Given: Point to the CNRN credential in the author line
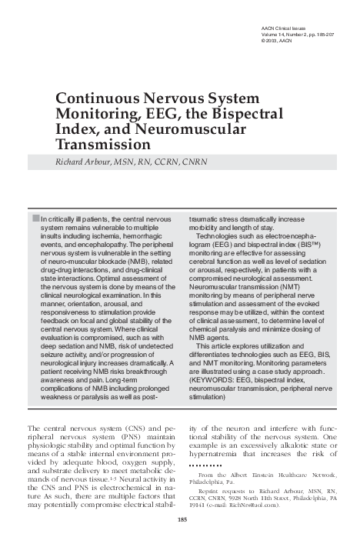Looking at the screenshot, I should coord(203,162).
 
